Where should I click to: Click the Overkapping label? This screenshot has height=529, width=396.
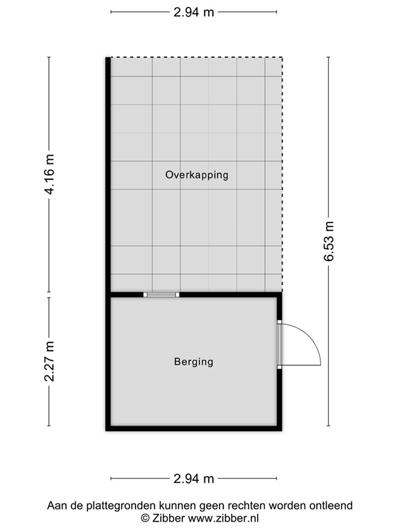pos(196,175)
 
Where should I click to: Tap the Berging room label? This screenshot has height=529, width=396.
pos(193,361)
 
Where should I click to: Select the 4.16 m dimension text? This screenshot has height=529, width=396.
pos(49,174)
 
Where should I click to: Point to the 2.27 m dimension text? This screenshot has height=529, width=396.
pos(49,361)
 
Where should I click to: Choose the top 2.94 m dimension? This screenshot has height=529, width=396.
pos(194,11)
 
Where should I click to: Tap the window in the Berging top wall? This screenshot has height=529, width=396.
pos(161,295)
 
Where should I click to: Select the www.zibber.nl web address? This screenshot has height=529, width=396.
pos(223,517)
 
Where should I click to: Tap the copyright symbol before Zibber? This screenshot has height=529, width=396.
pos(145,517)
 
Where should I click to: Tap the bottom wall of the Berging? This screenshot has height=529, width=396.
pos(194,428)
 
